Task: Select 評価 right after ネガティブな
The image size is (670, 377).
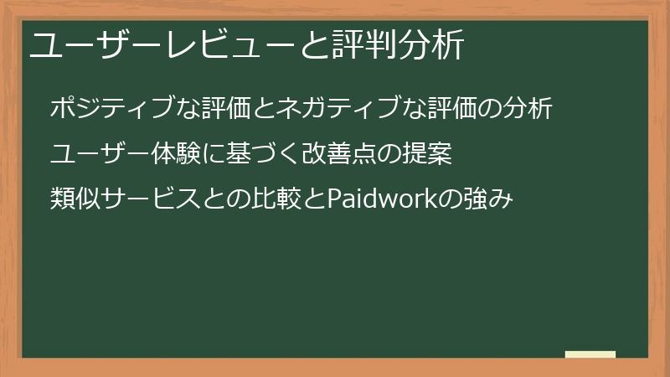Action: (456, 109)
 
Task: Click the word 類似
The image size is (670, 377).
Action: (73, 201)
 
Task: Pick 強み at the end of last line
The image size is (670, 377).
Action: (488, 201)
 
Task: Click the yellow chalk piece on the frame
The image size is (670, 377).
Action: (590, 354)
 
